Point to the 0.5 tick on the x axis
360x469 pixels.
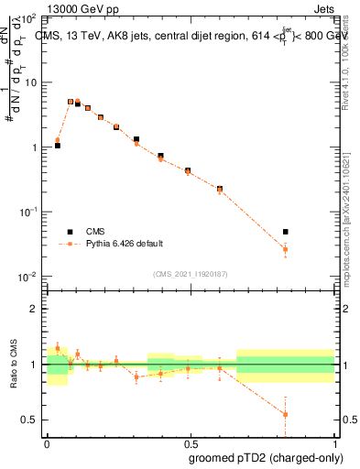tap(190, 440)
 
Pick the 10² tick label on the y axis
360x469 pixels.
tap(28, 18)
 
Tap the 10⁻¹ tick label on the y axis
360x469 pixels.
tap(28, 213)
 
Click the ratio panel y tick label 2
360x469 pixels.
tap(34, 309)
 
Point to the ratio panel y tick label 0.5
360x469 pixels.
tap(30, 420)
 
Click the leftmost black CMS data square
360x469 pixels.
tap(58, 145)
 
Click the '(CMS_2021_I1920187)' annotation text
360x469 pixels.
tap(189, 274)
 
